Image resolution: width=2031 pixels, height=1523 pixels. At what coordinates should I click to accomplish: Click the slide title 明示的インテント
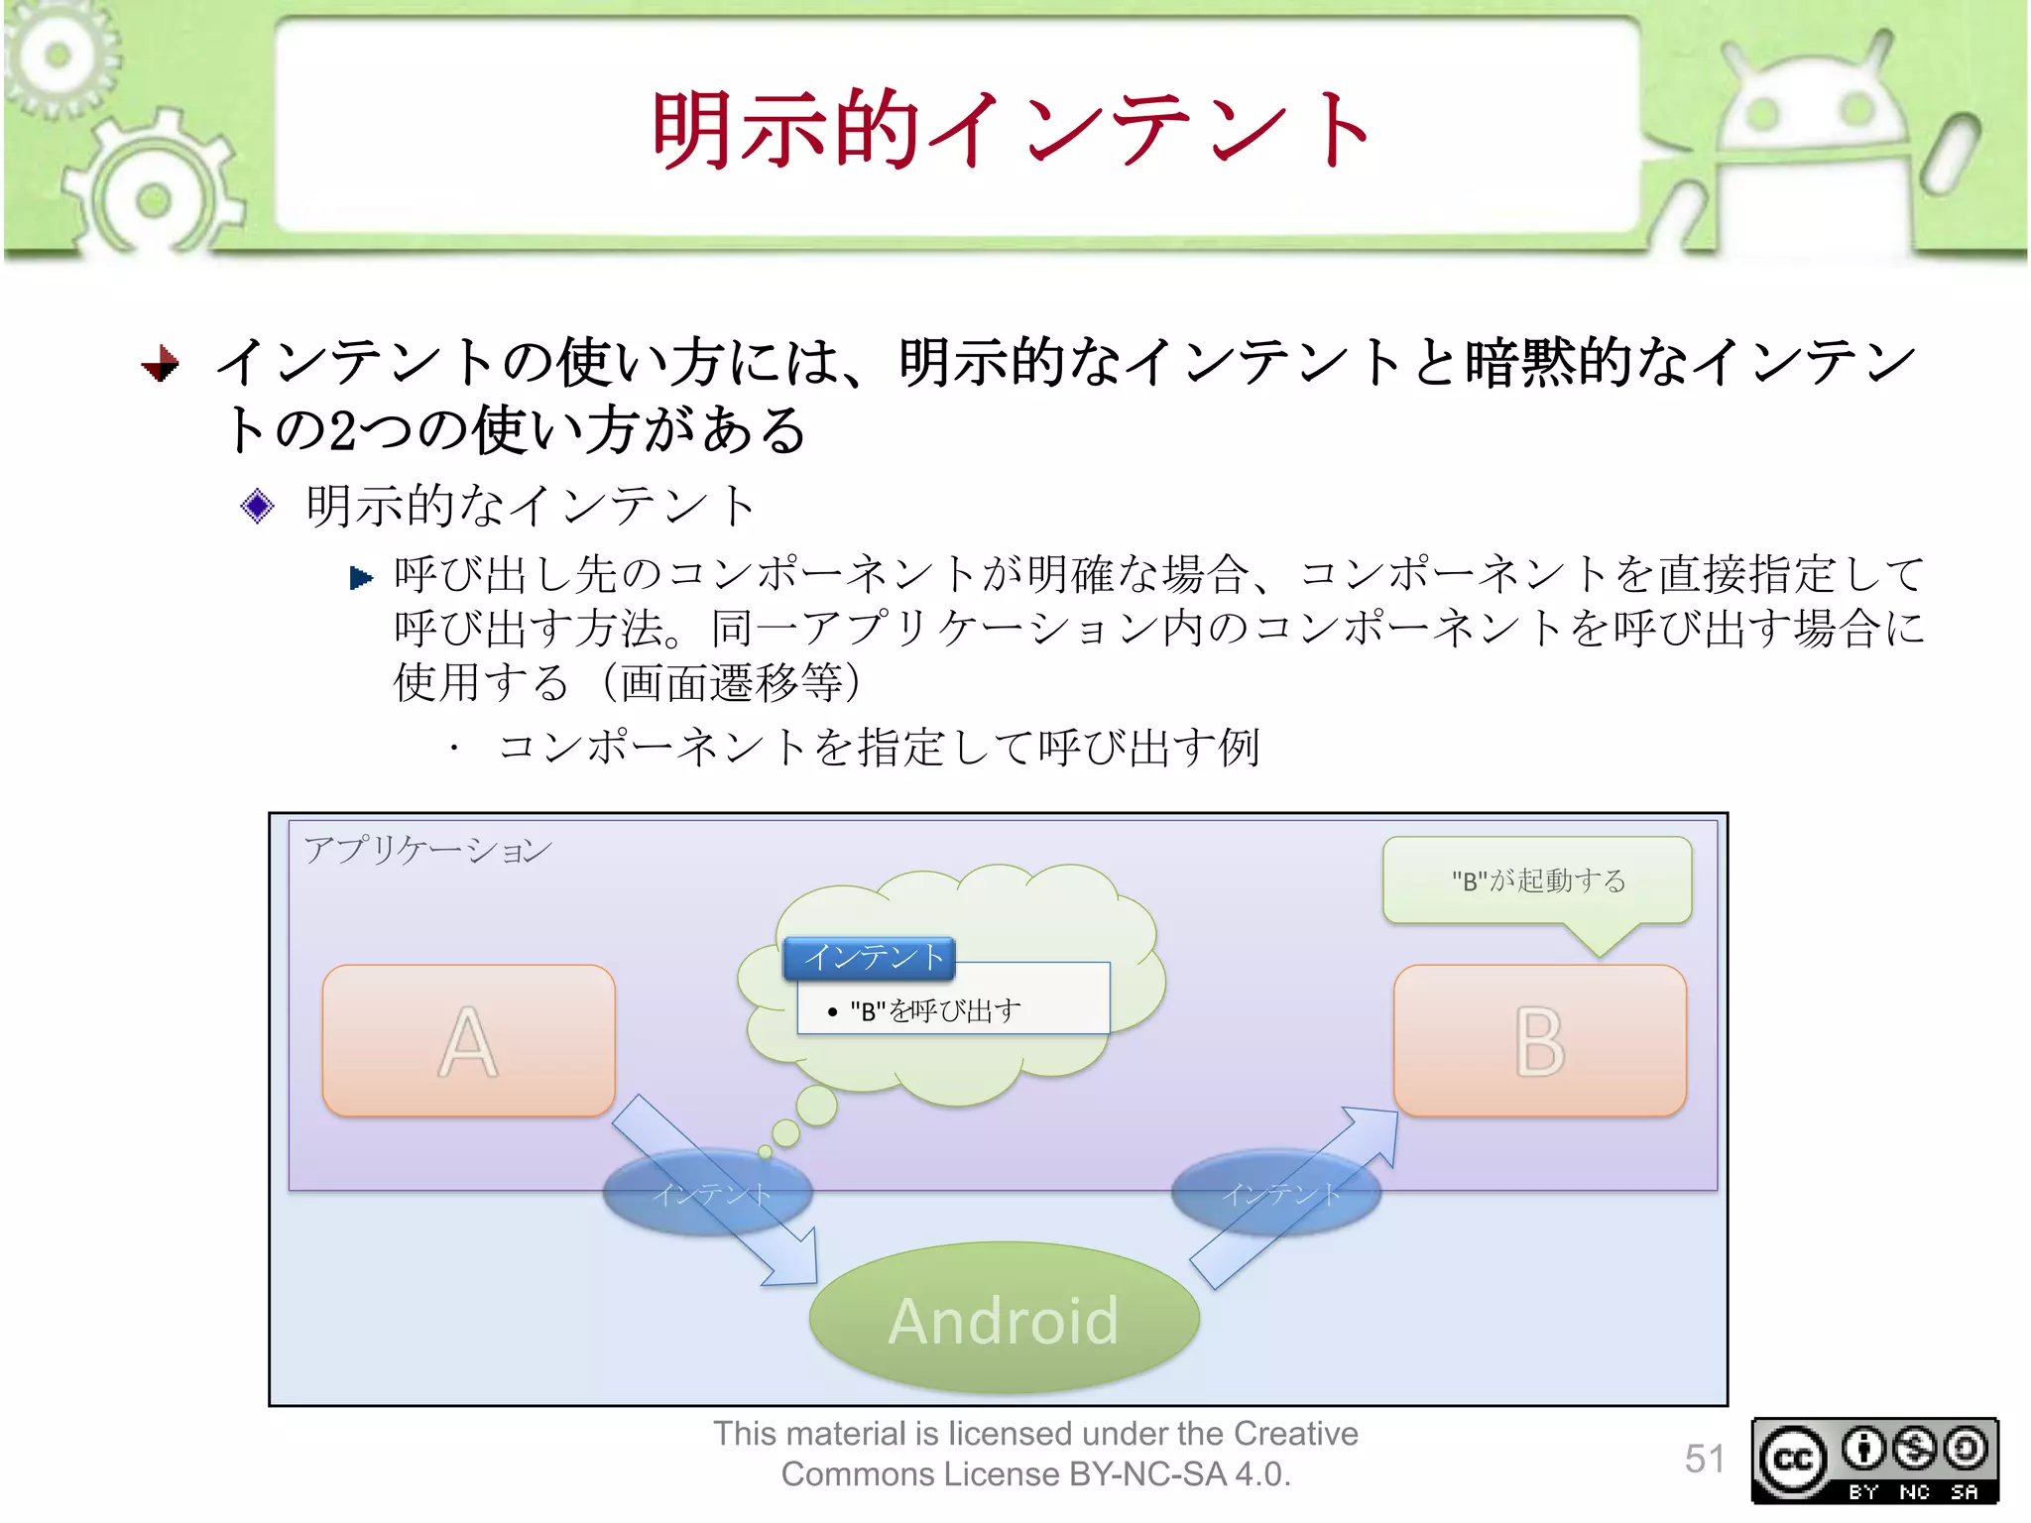[x=1012, y=129]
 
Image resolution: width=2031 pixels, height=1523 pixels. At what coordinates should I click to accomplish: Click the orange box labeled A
[x=468, y=1041]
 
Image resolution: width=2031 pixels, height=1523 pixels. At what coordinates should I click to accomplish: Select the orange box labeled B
[x=1539, y=1041]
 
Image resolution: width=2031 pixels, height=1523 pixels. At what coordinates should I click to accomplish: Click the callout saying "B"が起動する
[x=1537, y=880]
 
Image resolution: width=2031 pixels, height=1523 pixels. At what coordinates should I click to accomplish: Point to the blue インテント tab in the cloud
[x=870, y=958]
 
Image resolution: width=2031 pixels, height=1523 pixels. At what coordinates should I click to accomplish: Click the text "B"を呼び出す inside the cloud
[x=935, y=1010]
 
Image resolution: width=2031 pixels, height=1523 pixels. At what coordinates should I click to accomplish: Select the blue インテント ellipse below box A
[x=707, y=1194]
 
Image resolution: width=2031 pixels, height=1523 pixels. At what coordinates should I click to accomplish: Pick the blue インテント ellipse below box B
[x=1277, y=1194]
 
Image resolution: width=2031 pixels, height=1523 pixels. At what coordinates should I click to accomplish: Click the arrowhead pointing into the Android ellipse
[x=797, y=1264]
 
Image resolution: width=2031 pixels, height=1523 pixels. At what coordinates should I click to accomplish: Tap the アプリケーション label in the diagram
[x=427, y=850]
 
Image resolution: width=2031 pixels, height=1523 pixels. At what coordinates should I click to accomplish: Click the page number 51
[x=1704, y=1459]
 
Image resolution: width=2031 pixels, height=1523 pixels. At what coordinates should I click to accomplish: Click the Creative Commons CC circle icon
[x=1793, y=1460]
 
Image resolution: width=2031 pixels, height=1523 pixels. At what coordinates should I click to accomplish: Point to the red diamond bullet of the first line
[x=160, y=364]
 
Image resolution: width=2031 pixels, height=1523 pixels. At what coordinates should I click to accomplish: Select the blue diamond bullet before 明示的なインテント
[x=257, y=507]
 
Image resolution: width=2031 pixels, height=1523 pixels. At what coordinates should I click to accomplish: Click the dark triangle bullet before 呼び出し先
[x=361, y=578]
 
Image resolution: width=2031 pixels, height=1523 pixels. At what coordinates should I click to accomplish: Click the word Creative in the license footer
[x=1295, y=1434]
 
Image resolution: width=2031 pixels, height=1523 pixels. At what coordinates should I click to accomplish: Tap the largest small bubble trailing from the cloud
[x=817, y=1106]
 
